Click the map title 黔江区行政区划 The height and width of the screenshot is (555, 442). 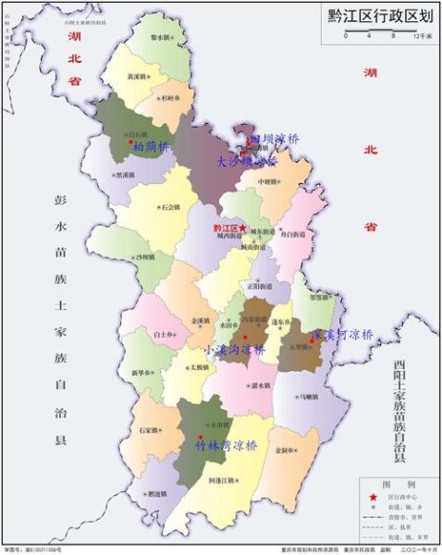tap(378, 15)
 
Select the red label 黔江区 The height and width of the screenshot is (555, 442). tap(223, 227)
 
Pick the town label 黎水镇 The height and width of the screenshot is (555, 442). tap(163, 37)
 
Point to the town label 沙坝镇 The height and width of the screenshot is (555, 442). tap(144, 257)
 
